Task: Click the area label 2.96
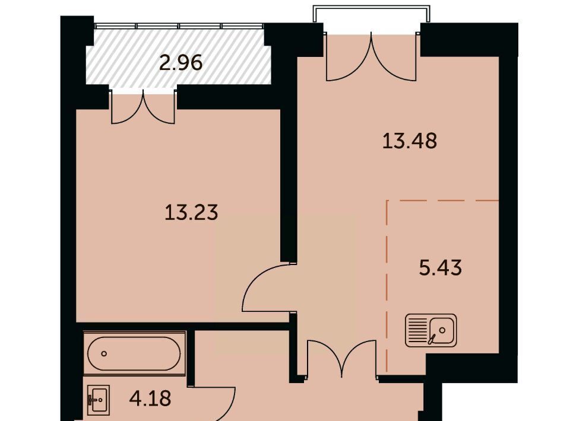coord(180,63)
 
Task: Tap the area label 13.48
coord(410,141)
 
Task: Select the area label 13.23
coord(191,212)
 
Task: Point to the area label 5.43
coord(441,268)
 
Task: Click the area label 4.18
coord(150,398)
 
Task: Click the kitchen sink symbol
coord(431,330)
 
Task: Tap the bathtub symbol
coord(135,353)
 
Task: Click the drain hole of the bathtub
coord(104,353)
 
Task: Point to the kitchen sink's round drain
coord(442,330)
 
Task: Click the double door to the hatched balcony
coord(143,107)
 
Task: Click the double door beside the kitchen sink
coord(342,360)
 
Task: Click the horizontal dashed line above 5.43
coord(442,200)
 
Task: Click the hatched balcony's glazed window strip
coord(179,25)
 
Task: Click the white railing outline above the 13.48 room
coord(372,6)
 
